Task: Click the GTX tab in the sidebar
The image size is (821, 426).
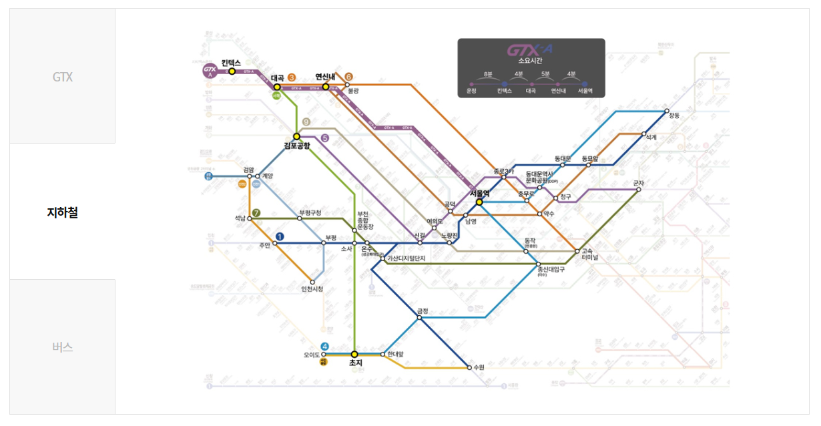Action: pyautogui.click(x=62, y=77)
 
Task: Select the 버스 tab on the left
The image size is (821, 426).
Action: pyautogui.click(x=62, y=347)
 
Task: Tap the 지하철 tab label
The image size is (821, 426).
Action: pyautogui.click(x=62, y=212)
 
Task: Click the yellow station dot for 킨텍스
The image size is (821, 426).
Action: pyautogui.click(x=232, y=71)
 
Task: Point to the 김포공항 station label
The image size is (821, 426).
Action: pyautogui.click(x=296, y=146)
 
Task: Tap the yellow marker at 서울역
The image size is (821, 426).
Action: pyautogui.click(x=479, y=202)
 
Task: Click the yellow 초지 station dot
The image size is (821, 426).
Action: pyautogui.click(x=354, y=354)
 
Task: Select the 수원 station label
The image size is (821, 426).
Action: pyautogui.click(x=479, y=367)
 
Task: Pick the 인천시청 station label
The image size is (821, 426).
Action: pyautogui.click(x=312, y=289)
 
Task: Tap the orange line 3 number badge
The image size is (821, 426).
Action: pyautogui.click(x=292, y=78)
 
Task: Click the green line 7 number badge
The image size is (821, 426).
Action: pyautogui.click(x=256, y=213)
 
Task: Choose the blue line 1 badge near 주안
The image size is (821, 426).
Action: pyautogui.click(x=280, y=236)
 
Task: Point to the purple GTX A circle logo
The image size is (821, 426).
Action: pyautogui.click(x=210, y=71)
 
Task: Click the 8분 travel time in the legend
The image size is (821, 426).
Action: pyautogui.click(x=488, y=73)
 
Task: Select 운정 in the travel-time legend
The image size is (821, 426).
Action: pyautogui.click(x=472, y=91)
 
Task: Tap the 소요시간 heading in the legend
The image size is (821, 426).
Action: pyautogui.click(x=531, y=61)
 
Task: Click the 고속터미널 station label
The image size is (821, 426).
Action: pyautogui.click(x=590, y=254)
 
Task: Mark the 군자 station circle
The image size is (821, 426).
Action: pyautogui.click(x=639, y=190)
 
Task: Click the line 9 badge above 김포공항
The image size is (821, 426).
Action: pyautogui.click(x=306, y=122)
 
